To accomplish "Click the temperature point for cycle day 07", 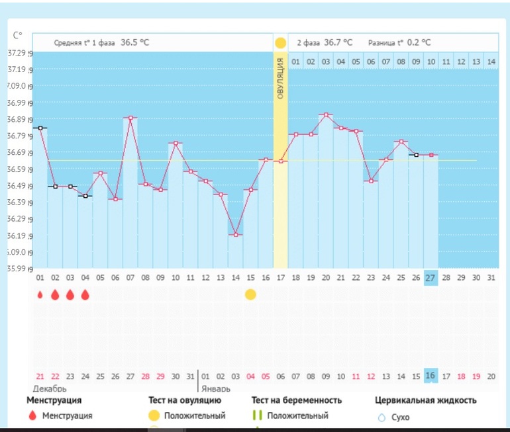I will click(130, 118).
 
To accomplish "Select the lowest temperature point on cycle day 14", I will click(235, 235).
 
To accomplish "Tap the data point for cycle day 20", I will click(325, 114).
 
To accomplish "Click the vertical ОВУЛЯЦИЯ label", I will click(280, 79).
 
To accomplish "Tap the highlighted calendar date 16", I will click(431, 376).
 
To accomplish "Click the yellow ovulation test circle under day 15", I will click(250, 294).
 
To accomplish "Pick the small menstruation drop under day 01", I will click(40, 294).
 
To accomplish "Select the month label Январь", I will click(216, 388).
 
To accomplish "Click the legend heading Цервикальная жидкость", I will click(426, 400).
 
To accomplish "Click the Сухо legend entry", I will click(399, 417).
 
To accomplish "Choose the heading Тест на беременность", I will click(297, 400).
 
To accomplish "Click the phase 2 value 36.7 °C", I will click(338, 42).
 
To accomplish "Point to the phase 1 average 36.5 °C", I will click(134, 42).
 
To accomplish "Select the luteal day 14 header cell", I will click(491, 62).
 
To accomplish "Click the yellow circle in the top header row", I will click(280, 43).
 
